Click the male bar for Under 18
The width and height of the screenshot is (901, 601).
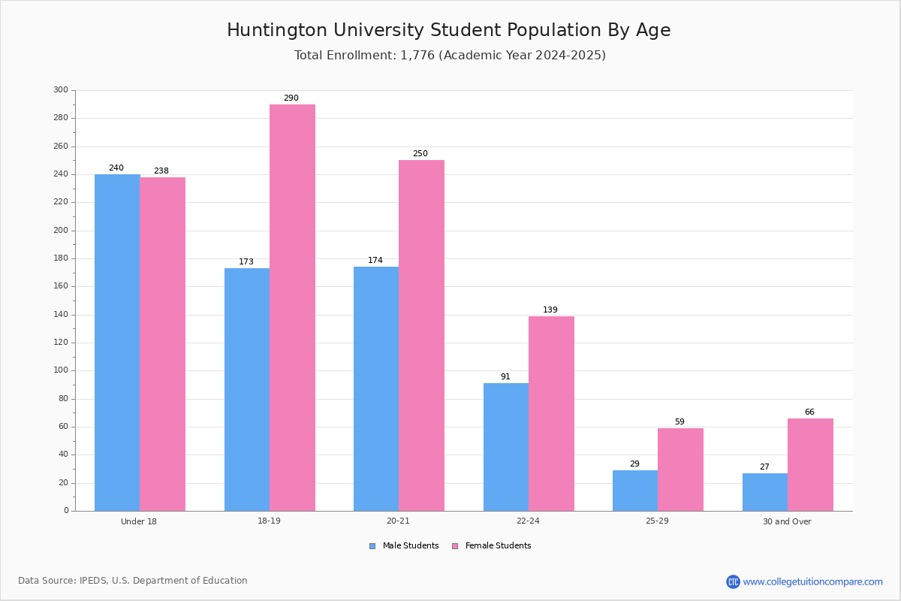click(x=117, y=343)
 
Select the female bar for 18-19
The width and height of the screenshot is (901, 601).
click(x=292, y=308)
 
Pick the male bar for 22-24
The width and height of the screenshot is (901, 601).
click(x=506, y=447)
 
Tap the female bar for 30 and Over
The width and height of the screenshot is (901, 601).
click(x=810, y=465)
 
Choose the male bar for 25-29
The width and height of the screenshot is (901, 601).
click(x=635, y=491)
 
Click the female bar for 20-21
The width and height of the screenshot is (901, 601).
click(x=421, y=336)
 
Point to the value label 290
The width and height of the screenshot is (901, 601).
click(x=291, y=98)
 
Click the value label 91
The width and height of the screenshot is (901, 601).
click(x=505, y=376)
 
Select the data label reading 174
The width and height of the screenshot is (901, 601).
click(x=375, y=260)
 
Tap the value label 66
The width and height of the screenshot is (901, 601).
click(x=809, y=412)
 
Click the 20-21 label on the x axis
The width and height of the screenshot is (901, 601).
click(x=398, y=521)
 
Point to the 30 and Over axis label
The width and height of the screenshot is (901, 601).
click(x=787, y=521)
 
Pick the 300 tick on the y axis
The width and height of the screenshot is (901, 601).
click(x=61, y=89)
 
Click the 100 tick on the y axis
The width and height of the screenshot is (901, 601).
click(x=61, y=370)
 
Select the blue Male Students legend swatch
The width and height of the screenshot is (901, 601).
click(x=372, y=546)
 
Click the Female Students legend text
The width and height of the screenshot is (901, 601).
click(x=498, y=545)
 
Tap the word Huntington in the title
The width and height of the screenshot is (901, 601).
click(x=277, y=31)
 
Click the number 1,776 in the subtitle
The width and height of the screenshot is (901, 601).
click(x=417, y=55)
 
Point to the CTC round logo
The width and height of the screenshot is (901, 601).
click(x=733, y=581)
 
